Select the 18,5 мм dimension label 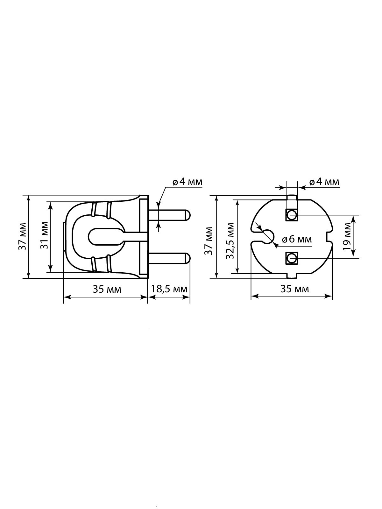(x=169, y=289)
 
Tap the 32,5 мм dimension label (x=230, y=241)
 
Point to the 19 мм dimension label (x=347, y=236)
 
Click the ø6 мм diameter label (x=297, y=239)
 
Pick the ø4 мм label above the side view (x=187, y=182)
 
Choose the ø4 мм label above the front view (x=324, y=182)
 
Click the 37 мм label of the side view (x=22, y=237)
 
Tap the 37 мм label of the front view (x=209, y=241)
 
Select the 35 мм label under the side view (x=107, y=289)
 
